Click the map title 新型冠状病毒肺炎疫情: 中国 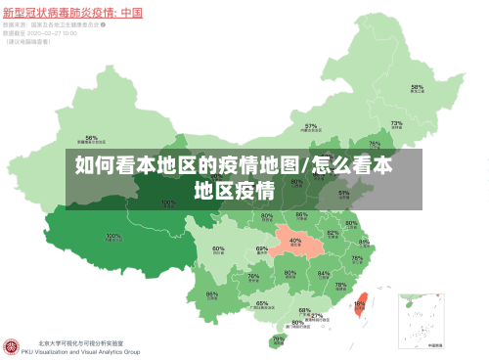pos(73,13)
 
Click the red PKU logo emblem pos(13,347)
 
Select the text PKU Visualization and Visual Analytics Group pos(88,351)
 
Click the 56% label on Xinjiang pos(91,138)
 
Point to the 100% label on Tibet pos(113,236)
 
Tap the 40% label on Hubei pos(295,240)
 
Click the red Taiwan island pos(359,306)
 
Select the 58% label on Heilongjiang pos(417,87)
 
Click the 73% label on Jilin pos(396,123)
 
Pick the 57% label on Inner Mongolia pos(311,126)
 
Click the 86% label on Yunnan pos(212,293)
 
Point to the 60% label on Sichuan pos(219,248)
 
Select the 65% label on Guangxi pos(262,303)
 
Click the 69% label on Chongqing pos(262,249)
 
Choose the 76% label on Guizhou pos(253,277)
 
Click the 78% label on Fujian pos(340,286)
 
